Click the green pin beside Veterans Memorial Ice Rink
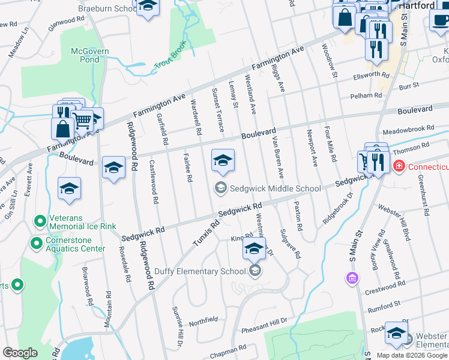[40, 222]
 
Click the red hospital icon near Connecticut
[397, 166]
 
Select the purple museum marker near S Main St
[352, 278]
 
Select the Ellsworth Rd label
[371, 76]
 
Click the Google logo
[20, 353]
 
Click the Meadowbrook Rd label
[408, 130]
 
